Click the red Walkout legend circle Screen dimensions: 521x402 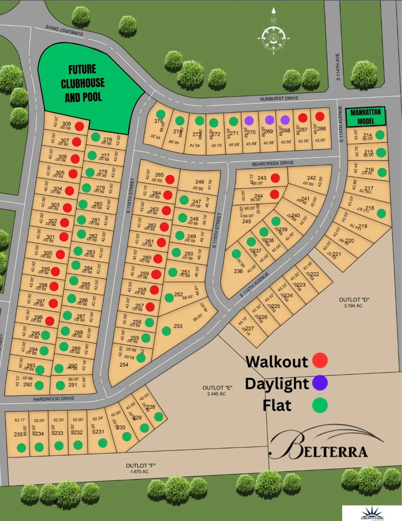click(x=320, y=360)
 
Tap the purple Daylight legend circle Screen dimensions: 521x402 click(x=320, y=383)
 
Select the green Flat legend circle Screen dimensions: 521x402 click(x=320, y=405)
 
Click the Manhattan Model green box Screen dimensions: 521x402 click(x=365, y=117)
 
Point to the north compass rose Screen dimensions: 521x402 click(x=273, y=37)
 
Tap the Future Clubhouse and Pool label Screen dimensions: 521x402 click(x=83, y=83)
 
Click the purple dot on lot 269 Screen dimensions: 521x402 click(x=269, y=120)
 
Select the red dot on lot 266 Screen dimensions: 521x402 click(x=320, y=116)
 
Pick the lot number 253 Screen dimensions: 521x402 click(x=178, y=326)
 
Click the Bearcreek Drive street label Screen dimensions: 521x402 click(x=273, y=163)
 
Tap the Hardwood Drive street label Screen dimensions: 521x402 click(x=54, y=399)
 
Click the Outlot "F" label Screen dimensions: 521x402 click(x=140, y=466)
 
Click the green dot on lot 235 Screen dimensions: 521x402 click(x=21, y=448)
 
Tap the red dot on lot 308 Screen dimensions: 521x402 click(x=79, y=126)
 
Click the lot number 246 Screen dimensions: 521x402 click(x=200, y=182)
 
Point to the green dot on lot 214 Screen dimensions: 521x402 click(x=380, y=135)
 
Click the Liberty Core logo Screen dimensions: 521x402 click(x=372, y=513)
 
